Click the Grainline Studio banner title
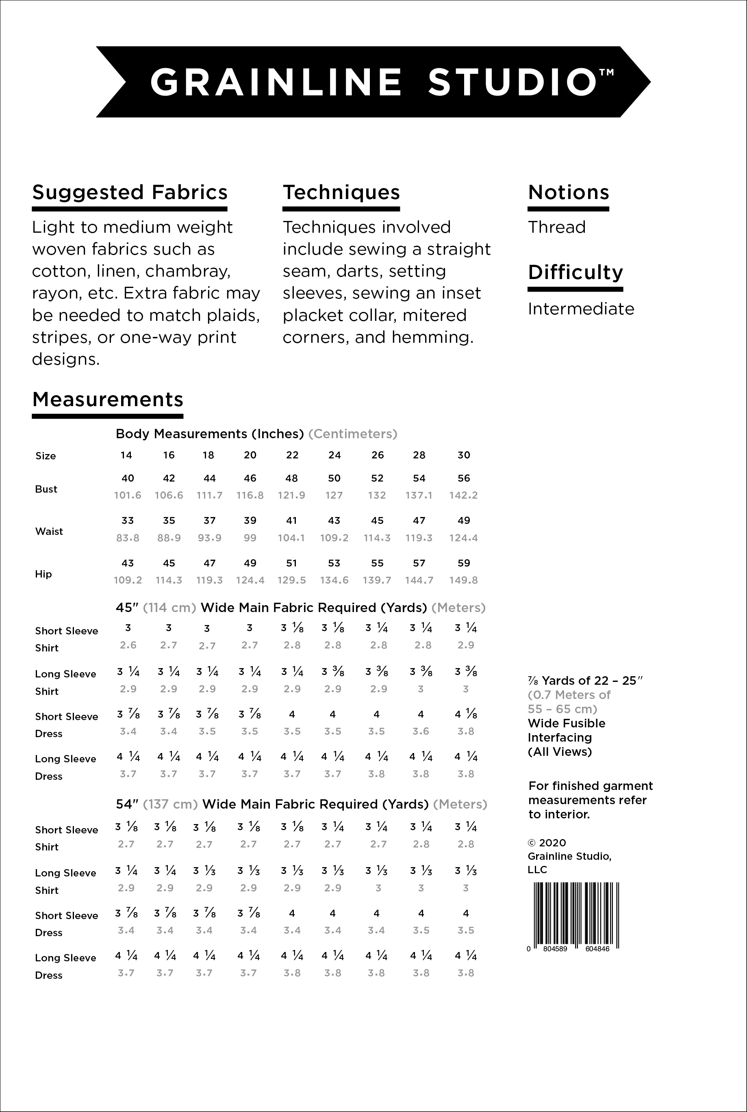[x=373, y=82]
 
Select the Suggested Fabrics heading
[x=130, y=193]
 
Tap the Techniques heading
[x=341, y=193]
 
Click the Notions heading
[x=568, y=193]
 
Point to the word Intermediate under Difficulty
[x=581, y=309]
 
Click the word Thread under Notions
[x=556, y=227]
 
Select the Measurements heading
[x=108, y=399]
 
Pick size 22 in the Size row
[x=292, y=455]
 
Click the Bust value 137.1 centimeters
[x=419, y=495]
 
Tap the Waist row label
[x=49, y=531]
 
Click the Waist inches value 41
[x=291, y=521]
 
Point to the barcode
[x=575, y=915]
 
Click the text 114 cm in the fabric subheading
[x=169, y=608]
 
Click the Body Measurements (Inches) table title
[x=210, y=434]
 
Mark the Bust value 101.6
[x=128, y=495]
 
